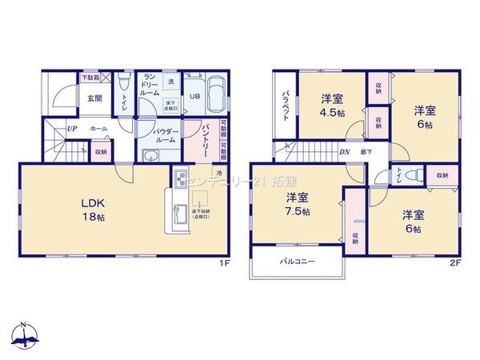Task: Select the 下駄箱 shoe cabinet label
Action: [x=90, y=78]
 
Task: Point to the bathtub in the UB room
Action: [x=217, y=97]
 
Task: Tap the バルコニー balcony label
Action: [x=297, y=262]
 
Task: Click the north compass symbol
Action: [x=26, y=335]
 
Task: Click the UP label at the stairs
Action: [x=72, y=128]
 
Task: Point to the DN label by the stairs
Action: [x=344, y=152]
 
